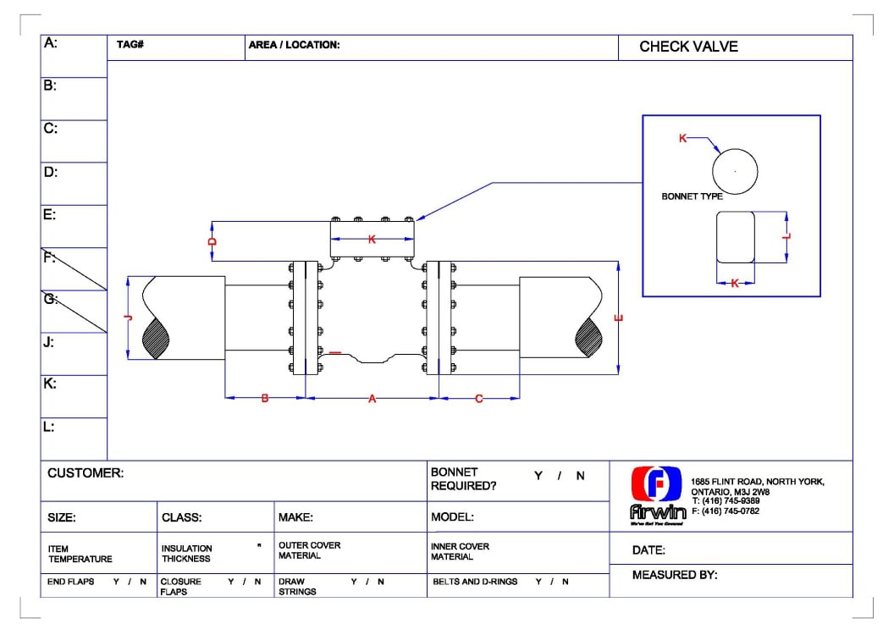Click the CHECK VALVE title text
pos(688,47)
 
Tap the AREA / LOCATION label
pos(294,45)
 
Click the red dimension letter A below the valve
pos(372,399)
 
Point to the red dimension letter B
pos(264,399)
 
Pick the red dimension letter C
pos(479,399)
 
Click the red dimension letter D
pos(213,241)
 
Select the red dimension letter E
pos(619,318)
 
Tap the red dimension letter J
pos(128,318)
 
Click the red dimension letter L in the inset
pos(787,237)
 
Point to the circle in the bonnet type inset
pos(734,171)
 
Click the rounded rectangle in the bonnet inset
pos(735,237)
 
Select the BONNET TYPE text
pos(692,196)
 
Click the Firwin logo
pos(657,494)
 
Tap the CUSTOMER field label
pos(86,473)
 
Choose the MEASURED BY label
pos(675,576)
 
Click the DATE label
pos(649,550)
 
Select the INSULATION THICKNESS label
pos(187,554)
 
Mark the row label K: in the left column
pos(50,384)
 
